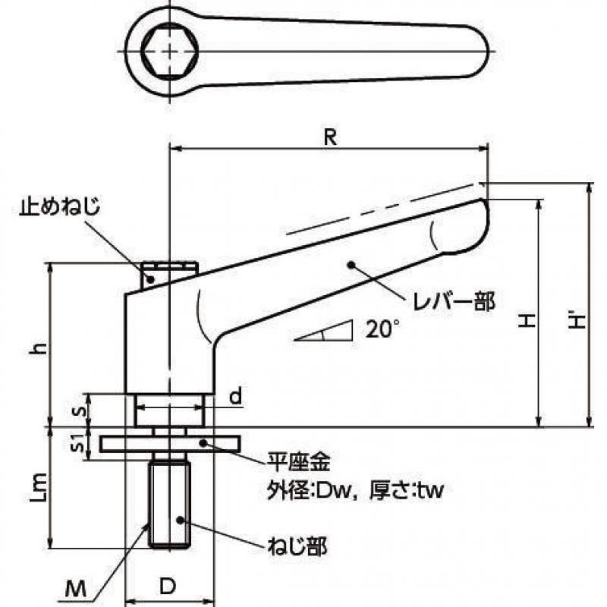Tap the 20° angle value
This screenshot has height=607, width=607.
pyautogui.click(x=382, y=329)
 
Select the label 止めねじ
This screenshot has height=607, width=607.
pyautogui.click(x=61, y=206)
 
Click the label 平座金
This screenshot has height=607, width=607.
pyautogui.click(x=298, y=461)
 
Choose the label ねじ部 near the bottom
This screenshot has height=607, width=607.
pyautogui.click(x=297, y=546)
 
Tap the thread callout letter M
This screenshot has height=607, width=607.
pyautogui.click(x=75, y=590)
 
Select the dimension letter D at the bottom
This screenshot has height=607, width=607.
pyautogui.click(x=168, y=587)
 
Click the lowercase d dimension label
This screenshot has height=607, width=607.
pyautogui.click(x=235, y=396)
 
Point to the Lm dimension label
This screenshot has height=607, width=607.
pyautogui.click(x=39, y=486)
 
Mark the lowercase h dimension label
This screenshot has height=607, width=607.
pyautogui.click(x=39, y=349)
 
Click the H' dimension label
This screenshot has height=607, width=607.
pyautogui.click(x=577, y=320)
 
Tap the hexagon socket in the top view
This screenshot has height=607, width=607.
pyautogui.click(x=169, y=51)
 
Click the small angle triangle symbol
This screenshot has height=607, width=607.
pyautogui.click(x=325, y=331)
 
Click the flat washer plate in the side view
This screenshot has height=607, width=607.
pyautogui.click(x=170, y=444)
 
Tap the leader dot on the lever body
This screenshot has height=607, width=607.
pyautogui.click(x=351, y=265)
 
